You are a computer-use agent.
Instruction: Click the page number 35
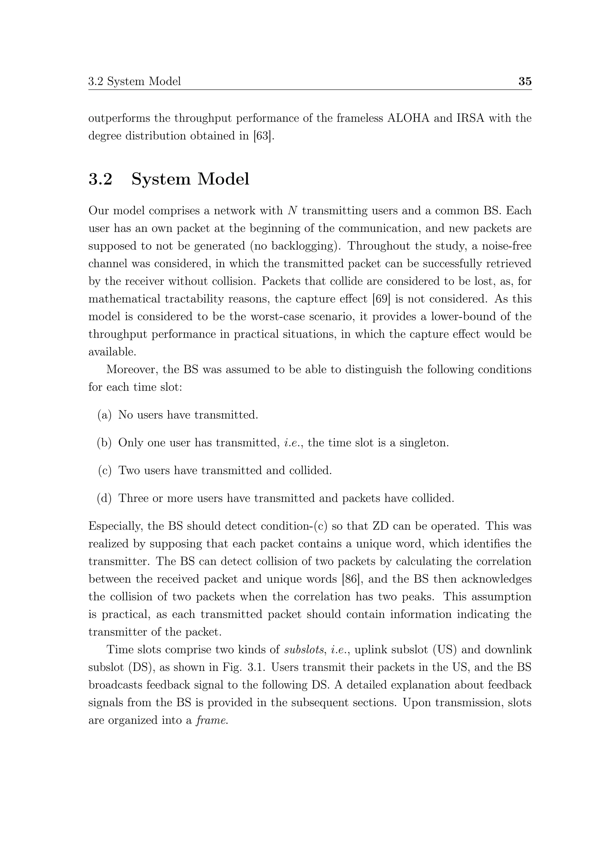point(525,81)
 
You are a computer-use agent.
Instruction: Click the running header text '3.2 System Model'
point(134,81)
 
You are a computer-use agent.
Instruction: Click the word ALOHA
point(408,118)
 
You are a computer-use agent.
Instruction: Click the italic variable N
point(292,211)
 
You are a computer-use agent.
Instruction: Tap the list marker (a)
point(104,415)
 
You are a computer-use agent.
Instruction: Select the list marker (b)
point(104,443)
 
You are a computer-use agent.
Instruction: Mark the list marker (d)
point(104,498)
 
